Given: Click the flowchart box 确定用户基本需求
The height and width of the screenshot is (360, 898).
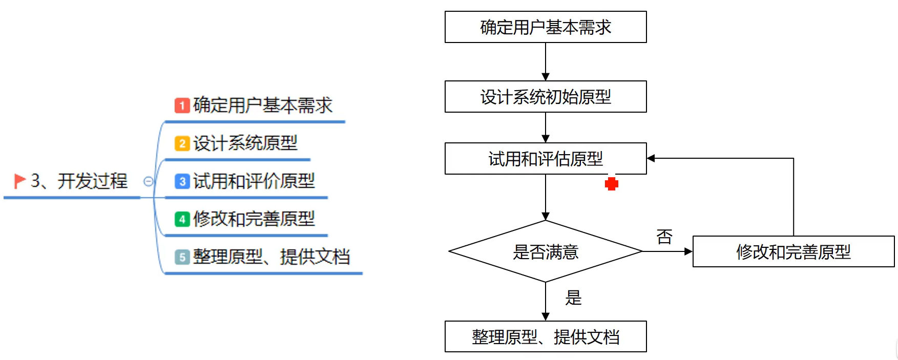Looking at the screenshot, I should coord(546,27).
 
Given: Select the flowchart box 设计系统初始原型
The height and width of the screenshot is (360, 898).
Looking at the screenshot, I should coord(546,97).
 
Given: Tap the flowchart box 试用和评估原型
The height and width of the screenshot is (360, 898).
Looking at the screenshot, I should coord(546,159).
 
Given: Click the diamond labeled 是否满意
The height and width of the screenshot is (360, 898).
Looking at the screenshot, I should coord(546,251).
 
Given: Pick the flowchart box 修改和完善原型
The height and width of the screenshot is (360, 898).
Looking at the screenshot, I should coord(793,251).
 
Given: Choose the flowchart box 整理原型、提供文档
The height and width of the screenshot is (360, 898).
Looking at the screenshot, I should coord(546,337).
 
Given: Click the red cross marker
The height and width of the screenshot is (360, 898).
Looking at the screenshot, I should coord(611,184).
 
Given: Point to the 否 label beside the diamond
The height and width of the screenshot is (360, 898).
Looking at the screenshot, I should coord(664,237).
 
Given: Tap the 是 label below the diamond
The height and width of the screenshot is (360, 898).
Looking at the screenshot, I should coord(573,298).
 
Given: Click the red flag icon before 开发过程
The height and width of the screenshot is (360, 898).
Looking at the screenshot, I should coord(20,181).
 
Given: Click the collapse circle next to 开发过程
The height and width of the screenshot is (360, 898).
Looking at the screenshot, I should coord(148,181).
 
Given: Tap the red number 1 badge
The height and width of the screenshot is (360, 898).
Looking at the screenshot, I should coord(182,105).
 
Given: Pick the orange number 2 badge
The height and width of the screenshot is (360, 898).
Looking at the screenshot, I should coord(182,143).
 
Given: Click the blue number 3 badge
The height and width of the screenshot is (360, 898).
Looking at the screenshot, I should coord(182,181).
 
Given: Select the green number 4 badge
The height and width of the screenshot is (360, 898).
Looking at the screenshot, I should coord(182,219).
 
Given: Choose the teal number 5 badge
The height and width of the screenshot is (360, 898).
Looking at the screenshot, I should coord(182,257).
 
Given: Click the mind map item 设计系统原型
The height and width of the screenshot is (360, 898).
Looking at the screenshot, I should coord(245,143).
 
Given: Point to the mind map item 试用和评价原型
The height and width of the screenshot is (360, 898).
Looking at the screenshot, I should coord(254,181).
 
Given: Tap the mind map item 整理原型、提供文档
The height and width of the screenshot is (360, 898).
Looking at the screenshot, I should coord(272,257).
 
